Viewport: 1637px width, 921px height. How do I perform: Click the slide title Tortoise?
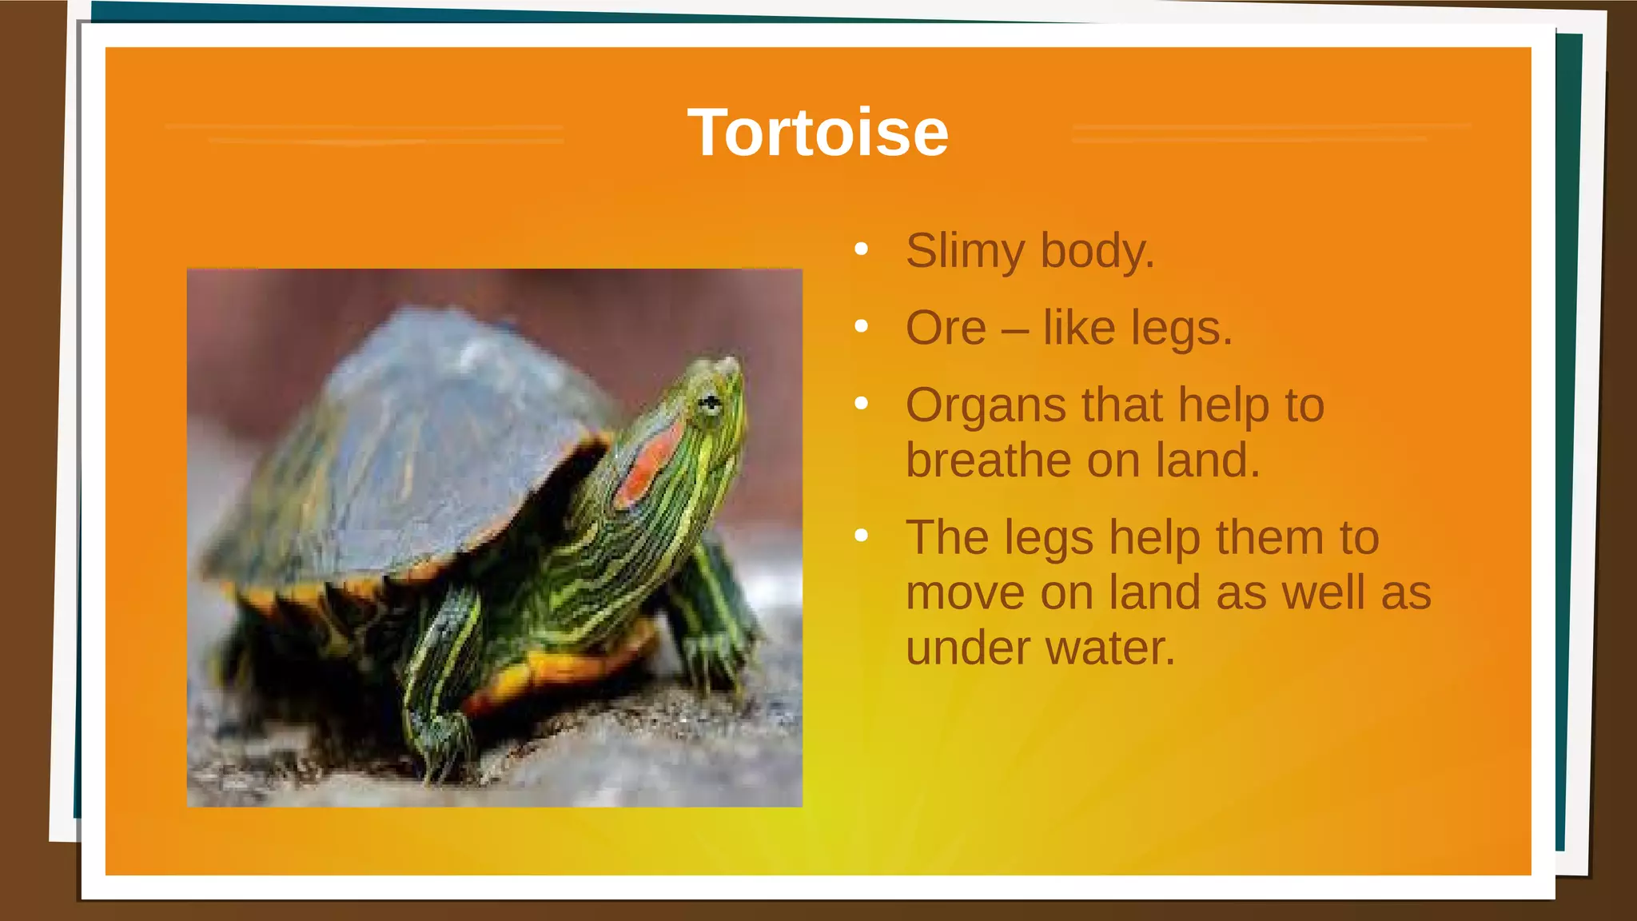(x=818, y=133)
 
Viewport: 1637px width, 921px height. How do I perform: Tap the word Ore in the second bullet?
(x=946, y=328)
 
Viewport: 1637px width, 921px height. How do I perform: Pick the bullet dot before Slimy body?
(x=861, y=249)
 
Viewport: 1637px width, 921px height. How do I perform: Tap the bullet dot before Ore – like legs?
(x=861, y=326)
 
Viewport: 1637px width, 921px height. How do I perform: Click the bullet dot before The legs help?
(x=861, y=535)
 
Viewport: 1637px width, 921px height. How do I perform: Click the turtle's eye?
(x=709, y=403)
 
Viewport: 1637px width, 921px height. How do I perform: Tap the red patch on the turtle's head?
(x=649, y=464)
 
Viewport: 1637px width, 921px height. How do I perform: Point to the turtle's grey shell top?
(x=432, y=416)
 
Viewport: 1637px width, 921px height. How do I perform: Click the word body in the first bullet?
(x=1097, y=251)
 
